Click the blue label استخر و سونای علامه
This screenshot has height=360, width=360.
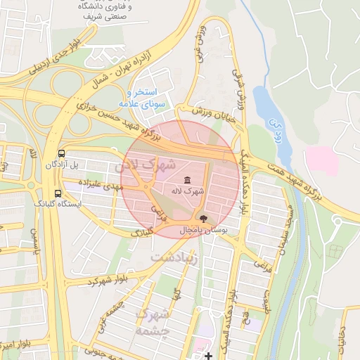point(146,98)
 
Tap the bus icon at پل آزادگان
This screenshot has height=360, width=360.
point(62,153)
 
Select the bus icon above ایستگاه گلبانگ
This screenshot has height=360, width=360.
point(57,193)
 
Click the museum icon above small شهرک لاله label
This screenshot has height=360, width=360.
point(186,180)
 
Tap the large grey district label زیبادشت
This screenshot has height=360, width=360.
point(175,257)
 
